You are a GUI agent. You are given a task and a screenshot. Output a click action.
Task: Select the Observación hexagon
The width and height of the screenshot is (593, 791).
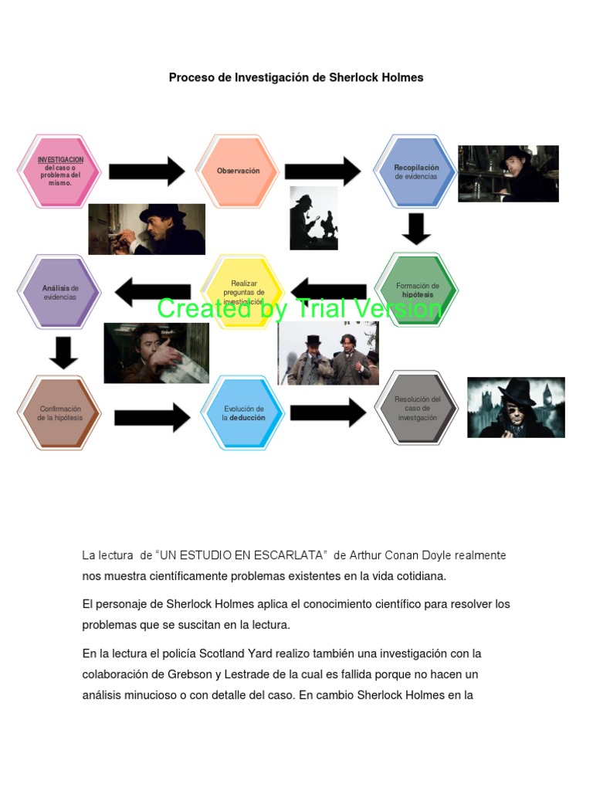(x=238, y=171)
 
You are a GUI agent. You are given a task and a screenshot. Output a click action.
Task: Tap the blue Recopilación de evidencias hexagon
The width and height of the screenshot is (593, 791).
(x=416, y=171)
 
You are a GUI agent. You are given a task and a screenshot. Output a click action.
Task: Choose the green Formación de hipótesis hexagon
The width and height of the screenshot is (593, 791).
(x=417, y=290)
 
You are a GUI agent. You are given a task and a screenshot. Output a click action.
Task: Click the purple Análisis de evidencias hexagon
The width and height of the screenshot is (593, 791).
(x=59, y=292)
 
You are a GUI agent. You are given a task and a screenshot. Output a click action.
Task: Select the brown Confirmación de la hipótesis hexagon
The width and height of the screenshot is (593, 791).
(x=59, y=413)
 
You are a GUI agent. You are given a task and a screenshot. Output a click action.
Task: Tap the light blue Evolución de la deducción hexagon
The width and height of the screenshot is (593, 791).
(x=242, y=413)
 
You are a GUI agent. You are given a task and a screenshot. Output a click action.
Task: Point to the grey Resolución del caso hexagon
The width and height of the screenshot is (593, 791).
(x=417, y=408)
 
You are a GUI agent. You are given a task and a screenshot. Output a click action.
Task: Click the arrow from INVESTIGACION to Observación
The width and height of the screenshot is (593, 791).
(x=147, y=171)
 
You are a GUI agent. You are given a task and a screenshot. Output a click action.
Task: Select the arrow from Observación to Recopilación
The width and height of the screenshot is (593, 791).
(x=322, y=171)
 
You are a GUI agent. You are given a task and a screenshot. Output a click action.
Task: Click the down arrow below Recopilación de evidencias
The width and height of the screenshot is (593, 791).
(x=417, y=227)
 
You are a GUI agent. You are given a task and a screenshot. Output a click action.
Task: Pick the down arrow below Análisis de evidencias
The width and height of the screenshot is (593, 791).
(x=63, y=351)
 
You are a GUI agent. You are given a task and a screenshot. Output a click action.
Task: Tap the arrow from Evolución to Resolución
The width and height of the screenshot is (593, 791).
(x=327, y=412)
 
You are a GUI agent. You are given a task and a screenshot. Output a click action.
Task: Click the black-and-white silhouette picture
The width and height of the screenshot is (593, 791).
(x=313, y=218)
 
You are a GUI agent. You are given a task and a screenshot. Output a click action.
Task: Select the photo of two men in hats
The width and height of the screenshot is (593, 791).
(x=328, y=353)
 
